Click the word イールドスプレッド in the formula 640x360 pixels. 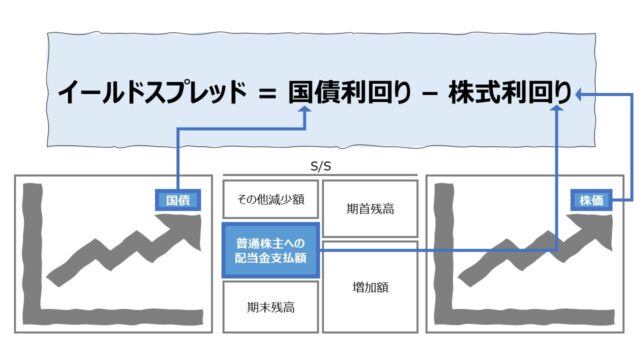point(152,92)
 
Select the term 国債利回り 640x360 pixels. point(350,92)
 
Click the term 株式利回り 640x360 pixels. point(510,92)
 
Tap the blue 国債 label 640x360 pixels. point(178,200)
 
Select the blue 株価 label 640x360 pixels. point(591,200)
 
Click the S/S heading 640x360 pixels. point(321,166)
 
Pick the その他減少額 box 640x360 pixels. point(271,199)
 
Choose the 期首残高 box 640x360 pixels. point(370,209)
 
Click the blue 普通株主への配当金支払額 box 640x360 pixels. point(271,251)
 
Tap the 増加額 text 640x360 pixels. point(370,287)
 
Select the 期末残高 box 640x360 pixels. point(271,307)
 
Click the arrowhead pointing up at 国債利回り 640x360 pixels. point(305,109)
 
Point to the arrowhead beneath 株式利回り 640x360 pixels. point(557,108)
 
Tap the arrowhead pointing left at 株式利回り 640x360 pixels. point(578,94)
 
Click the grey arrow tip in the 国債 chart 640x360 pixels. point(199,217)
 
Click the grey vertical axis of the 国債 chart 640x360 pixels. point(33,253)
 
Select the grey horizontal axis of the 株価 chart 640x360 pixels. point(524,317)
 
